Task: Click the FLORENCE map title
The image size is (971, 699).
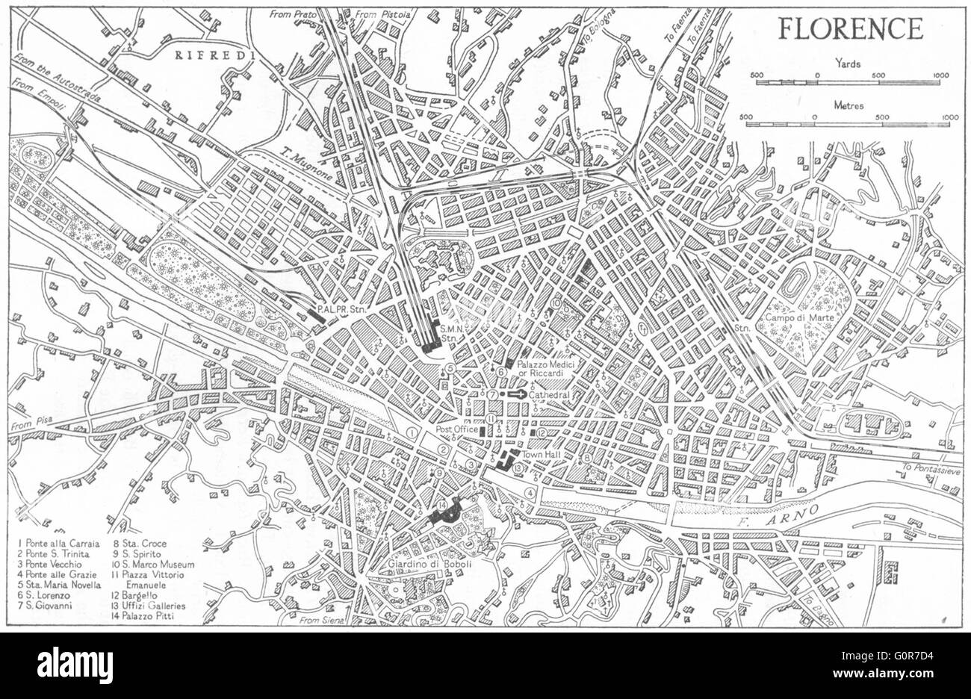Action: [850, 29]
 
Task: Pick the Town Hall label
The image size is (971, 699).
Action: [542, 455]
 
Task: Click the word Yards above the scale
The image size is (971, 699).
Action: [849, 64]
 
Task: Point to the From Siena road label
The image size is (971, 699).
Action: [319, 619]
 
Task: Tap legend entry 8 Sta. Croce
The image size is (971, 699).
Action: [140, 544]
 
